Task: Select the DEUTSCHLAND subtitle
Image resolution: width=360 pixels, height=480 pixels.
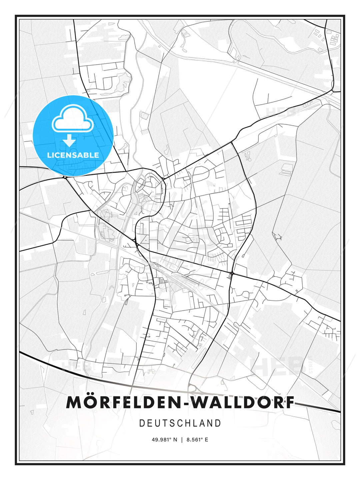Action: tap(180, 423)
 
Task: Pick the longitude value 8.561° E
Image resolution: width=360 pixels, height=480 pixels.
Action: tap(197, 440)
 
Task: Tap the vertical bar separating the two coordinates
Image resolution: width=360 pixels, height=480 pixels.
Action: tap(182, 440)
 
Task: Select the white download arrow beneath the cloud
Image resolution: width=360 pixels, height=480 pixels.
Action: tap(69, 140)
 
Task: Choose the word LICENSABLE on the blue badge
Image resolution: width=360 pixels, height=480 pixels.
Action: tap(73, 155)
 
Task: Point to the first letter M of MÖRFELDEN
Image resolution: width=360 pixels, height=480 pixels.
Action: tap(73, 402)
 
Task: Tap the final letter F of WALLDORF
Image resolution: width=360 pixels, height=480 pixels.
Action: tap(290, 402)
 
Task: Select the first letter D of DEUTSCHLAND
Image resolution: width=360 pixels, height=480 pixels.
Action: tap(142, 423)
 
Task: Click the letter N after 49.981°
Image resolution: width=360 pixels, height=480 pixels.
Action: tap(176, 440)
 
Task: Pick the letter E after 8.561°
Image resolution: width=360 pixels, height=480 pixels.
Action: tap(206, 440)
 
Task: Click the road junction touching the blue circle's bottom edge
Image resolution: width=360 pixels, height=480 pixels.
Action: tap(65, 177)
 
